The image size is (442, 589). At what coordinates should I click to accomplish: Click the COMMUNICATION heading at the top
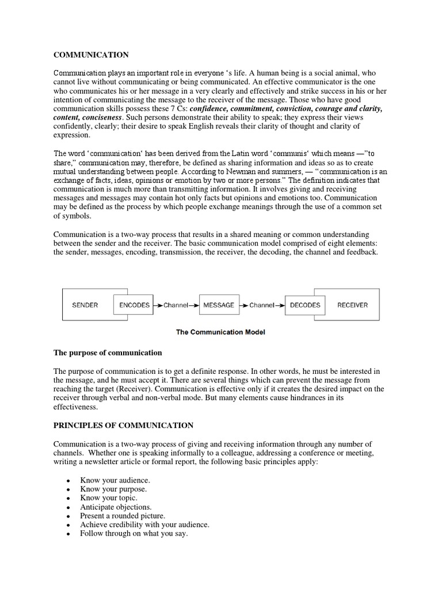point(91,55)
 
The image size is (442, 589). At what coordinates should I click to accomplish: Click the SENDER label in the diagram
point(85,305)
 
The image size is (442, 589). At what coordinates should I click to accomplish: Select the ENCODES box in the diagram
point(134,305)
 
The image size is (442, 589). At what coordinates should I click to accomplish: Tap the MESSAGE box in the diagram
point(219,305)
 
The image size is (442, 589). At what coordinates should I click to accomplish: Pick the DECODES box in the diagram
point(305,305)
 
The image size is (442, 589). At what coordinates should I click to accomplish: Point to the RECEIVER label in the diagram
point(352,305)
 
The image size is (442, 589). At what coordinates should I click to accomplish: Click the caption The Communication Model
point(221,332)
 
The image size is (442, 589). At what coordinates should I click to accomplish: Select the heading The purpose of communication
point(108,352)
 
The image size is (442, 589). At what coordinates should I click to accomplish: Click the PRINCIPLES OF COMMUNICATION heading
point(124,425)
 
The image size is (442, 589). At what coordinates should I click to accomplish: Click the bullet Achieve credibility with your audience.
point(144,525)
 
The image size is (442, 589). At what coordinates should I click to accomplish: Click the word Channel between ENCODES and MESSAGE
point(176,305)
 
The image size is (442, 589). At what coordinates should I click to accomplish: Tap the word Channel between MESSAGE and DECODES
point(262,305)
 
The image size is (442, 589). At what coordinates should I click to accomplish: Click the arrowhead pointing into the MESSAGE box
point(196,305)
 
